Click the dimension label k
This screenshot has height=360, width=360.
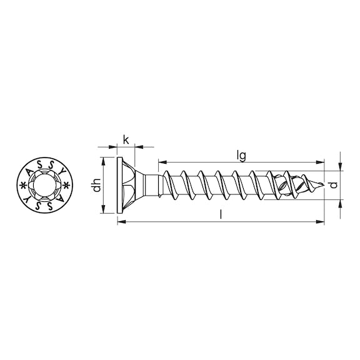click(x=126, y=139)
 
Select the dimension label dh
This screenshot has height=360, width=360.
click(x=96, y=185)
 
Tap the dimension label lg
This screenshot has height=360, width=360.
click(x=241, y=152)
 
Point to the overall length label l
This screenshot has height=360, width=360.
click(x=222, y=214)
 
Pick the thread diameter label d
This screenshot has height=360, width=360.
click(x=334, y=185)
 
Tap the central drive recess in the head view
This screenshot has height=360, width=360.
click(x=47, y=186)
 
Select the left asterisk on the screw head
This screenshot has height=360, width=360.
click(x=24, y=186)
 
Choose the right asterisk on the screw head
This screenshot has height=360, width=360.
click(x=69, y=186)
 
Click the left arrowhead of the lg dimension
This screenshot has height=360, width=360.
click(x=161, y=160)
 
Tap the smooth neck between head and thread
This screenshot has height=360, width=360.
click(x=150, y=185)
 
